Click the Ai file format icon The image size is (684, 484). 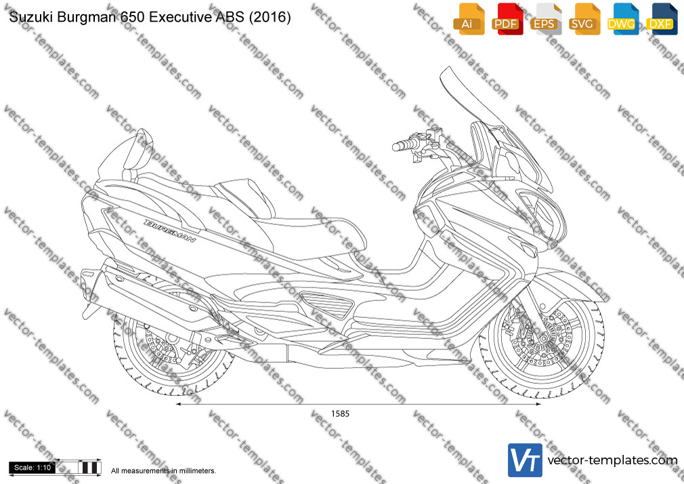coord(469,19)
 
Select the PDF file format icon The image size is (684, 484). coord(507,19)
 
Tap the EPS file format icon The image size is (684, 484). coord(546,19)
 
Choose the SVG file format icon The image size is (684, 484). coord(584,19)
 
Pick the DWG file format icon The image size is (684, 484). coord(623,19)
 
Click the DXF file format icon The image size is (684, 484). coord(662,19)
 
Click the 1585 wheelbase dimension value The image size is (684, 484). coord(340,414)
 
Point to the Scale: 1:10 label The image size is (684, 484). coord(33,468)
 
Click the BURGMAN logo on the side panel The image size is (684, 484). coord(170,230)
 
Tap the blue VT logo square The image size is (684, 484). coord(525,460)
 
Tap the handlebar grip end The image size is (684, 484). coord(396,146)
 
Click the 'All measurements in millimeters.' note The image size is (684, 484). coord(163,471)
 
